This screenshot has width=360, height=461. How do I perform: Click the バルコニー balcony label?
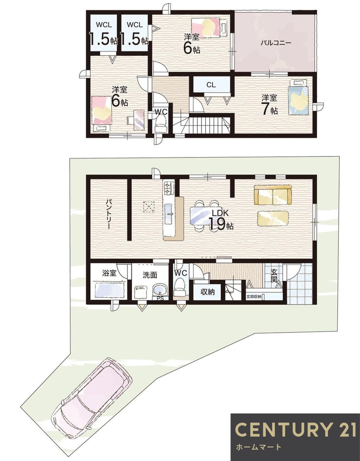[276, 42]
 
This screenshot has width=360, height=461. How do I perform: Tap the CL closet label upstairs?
[211, 85]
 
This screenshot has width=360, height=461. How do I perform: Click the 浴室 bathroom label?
[109, 273]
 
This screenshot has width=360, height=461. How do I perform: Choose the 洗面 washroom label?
[150, 275]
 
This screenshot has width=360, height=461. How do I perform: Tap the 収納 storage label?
[208, 292]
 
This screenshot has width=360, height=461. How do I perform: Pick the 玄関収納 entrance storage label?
[254, 297]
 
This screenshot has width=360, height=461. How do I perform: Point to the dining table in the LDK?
[204, 216]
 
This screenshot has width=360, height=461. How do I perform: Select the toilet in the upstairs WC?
[161, 125]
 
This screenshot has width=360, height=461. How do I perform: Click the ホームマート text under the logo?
[258, 448]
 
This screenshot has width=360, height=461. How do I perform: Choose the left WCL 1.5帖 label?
[103, 33]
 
